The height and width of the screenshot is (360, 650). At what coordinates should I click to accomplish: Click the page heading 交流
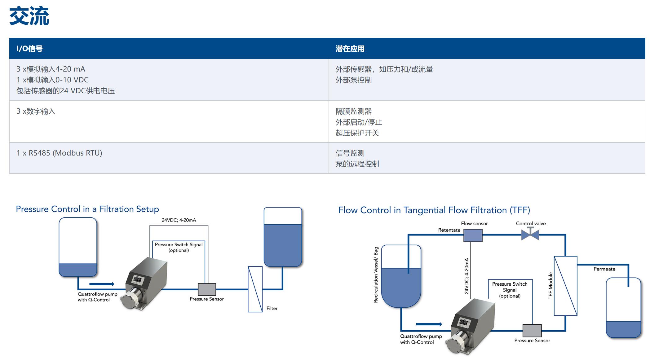(x=29, y=16)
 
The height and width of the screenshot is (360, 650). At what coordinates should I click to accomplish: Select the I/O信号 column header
(x=29, y=49)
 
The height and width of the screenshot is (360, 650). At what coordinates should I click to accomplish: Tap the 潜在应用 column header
(x=350, y=49)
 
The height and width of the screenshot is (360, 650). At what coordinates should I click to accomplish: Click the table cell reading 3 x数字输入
(x=36, y=112)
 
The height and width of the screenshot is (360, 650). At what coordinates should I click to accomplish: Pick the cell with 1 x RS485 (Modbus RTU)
(x=59, y=153)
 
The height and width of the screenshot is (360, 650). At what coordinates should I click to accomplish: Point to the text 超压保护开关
(x=357, y=133)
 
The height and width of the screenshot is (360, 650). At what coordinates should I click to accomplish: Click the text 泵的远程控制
(x=357, y=164)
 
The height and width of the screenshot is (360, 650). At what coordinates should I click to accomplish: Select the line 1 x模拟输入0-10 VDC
(x=52, y=80)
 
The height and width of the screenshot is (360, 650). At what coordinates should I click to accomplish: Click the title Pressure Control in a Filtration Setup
(x=87, y=209)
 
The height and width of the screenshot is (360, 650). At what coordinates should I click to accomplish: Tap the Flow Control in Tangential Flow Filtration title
(x=434, y=210)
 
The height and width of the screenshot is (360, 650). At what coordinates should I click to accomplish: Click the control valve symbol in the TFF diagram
(x=530, y=235)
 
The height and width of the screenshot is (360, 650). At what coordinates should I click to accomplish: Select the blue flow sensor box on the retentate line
(x=473, y=235)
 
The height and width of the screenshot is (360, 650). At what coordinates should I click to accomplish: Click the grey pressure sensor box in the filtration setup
(x=207, y=289)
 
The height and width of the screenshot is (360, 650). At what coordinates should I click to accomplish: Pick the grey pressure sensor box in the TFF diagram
(x=532, y=331)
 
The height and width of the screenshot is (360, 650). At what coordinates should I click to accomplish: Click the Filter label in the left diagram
(x=272, y=308)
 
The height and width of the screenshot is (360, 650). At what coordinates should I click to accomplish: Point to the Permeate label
(x=604, y=269)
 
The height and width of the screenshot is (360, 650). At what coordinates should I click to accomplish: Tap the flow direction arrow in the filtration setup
(x=102, y=284)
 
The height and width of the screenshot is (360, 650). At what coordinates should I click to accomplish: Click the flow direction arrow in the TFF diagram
(x=429, y=324)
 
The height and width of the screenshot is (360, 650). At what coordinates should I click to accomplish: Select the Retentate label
(x=449, y=230)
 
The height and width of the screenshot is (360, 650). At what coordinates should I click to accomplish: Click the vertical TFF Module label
(x=550, y=286)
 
